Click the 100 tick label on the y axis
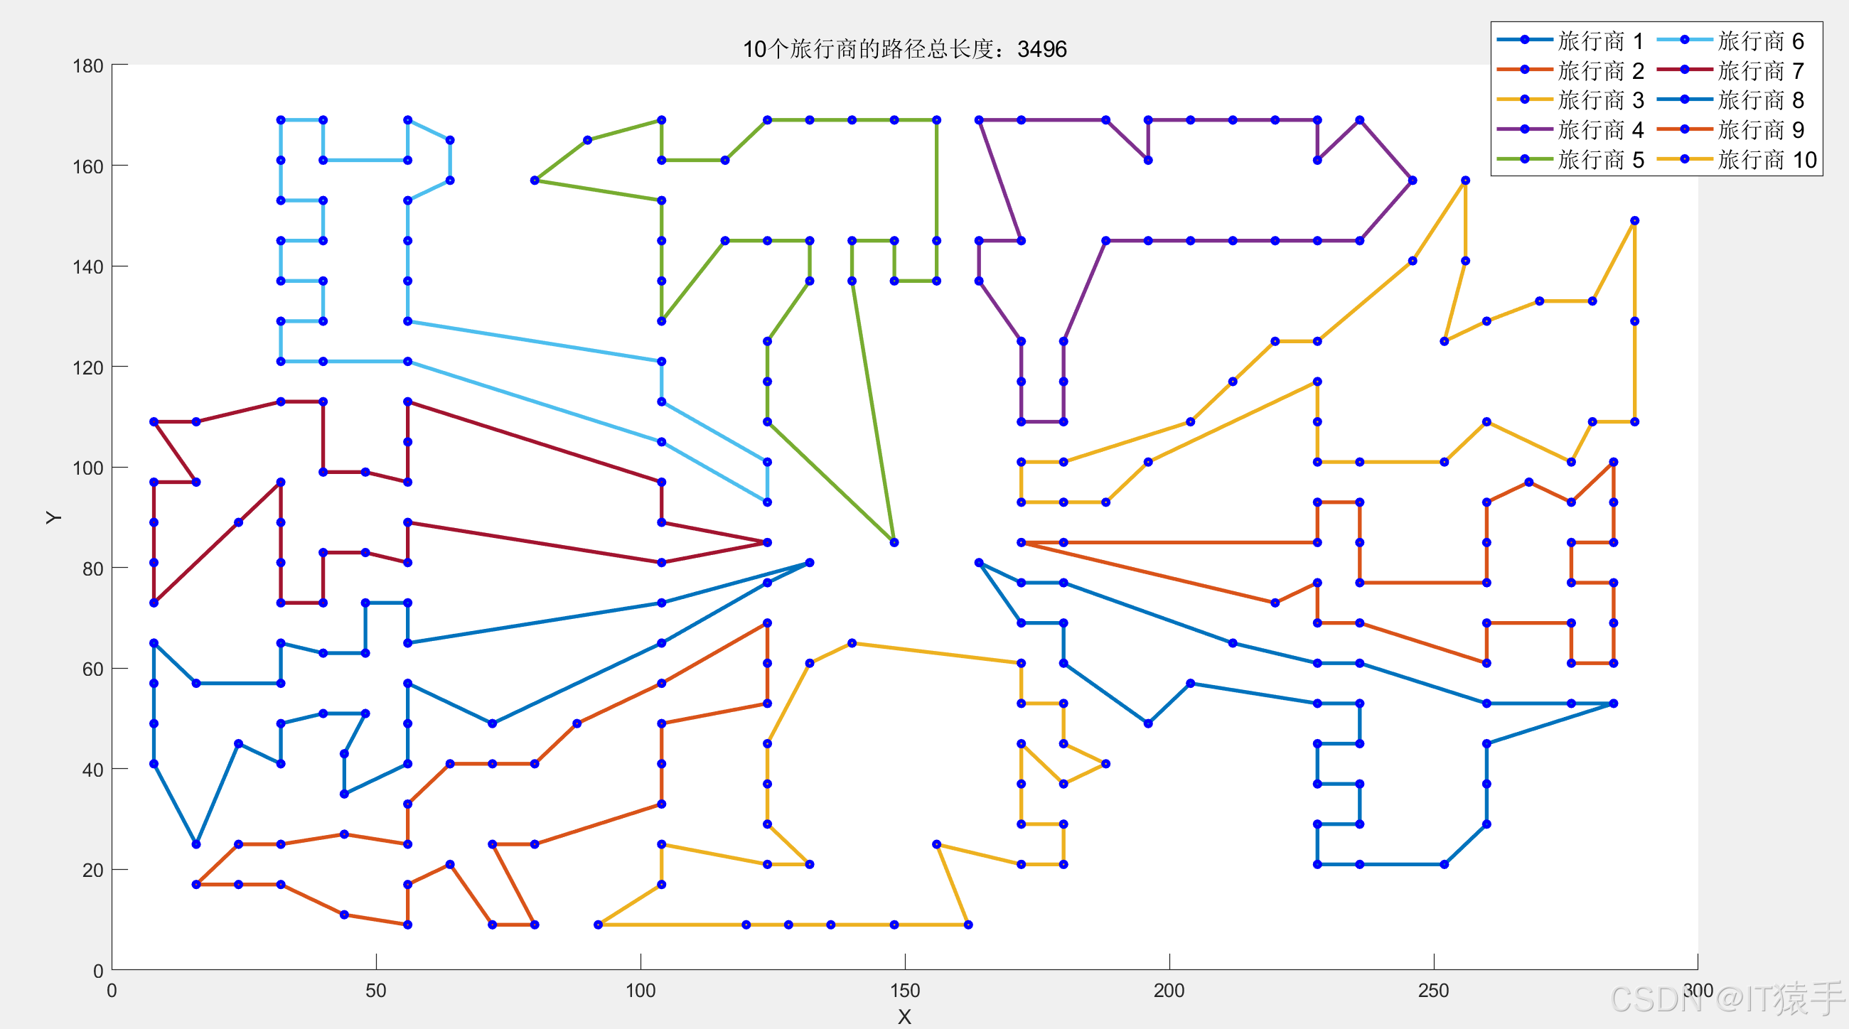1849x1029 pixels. point(87,468)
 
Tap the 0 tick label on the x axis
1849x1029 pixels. point(112,991)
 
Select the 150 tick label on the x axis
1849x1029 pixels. point(904,991)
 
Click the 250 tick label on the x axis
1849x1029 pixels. point(1433,991)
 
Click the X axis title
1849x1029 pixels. point(904,1017)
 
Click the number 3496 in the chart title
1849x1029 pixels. point(1041,49)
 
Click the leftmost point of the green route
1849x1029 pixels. point(535,180)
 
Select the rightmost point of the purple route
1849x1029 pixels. point(1413,180)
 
